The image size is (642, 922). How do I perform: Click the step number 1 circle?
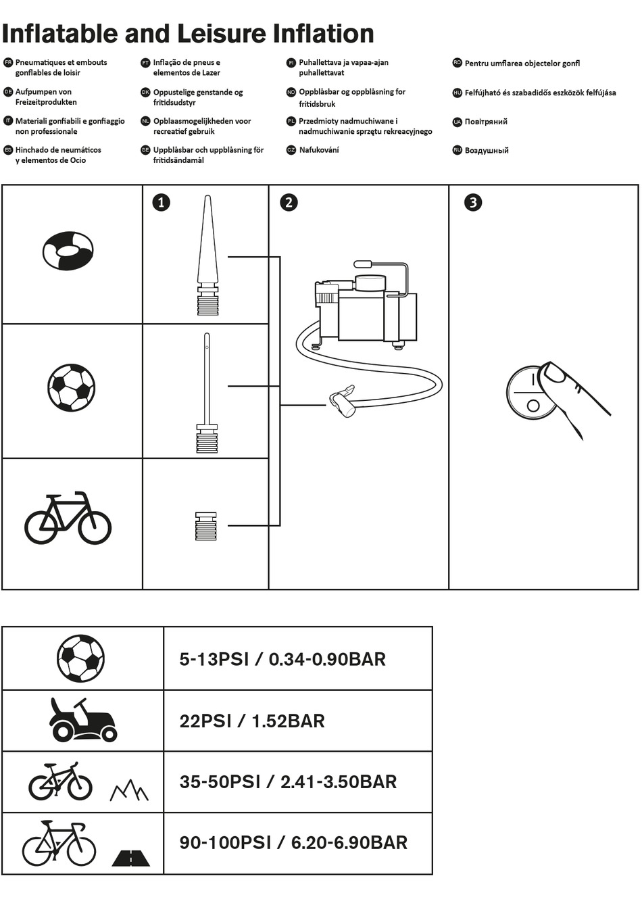coord(161,202)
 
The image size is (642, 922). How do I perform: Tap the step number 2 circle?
coord(289,202)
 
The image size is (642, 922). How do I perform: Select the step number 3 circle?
coord(473,202)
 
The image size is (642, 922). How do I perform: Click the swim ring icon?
coord(68,250)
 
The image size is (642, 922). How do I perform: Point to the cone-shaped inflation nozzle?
coord(207,256)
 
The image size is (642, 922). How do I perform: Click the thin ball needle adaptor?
coord(207,393)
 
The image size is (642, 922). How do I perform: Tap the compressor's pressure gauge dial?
coord(371,283)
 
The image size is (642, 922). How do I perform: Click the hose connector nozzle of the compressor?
coord(341,402)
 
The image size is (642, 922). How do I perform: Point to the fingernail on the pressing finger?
coord(553,372)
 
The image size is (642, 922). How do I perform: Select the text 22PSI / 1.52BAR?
coord(252,721)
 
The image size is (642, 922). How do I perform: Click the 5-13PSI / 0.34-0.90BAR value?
coord(282,659)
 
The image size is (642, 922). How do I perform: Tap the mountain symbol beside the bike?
coord(129,790)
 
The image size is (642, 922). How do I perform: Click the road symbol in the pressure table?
coord(131,858)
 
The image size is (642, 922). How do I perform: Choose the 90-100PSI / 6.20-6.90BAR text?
coord(293,842)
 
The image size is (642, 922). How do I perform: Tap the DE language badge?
coord(8,92)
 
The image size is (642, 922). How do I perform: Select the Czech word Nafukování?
coord(319,150)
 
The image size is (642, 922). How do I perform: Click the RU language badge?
coord(458,150)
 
